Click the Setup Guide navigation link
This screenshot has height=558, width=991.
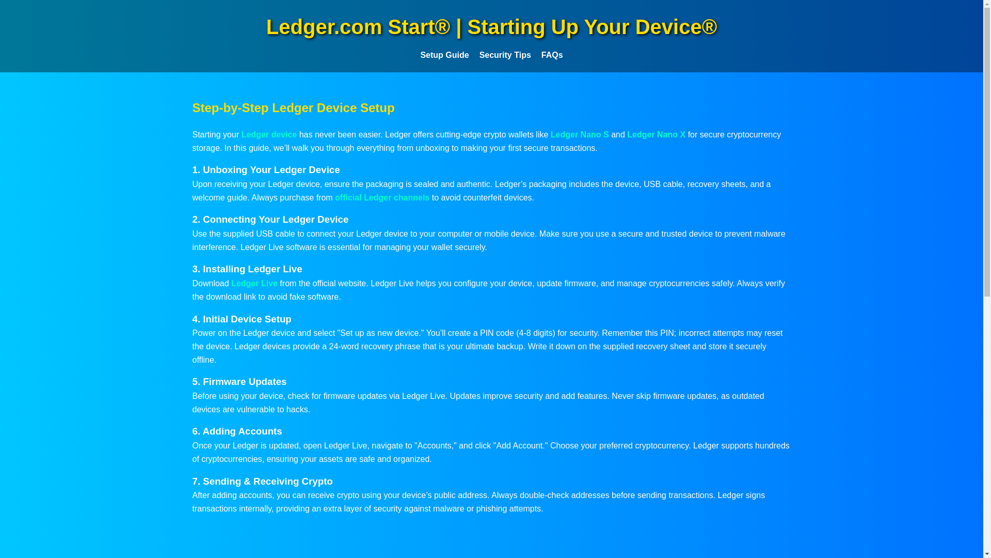pos(444,55)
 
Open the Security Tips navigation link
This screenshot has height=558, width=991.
pos(504,55)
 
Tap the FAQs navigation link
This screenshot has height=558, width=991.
pos(552,55)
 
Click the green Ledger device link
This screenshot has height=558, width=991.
pos(269,135)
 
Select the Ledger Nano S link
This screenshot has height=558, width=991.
pos(579,135)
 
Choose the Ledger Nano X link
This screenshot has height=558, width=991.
pos(656,135)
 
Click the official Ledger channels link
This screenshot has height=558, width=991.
pos(382,198)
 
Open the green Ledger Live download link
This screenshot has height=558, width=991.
pos(254,284)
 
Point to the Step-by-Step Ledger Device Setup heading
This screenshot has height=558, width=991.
pos(293,108)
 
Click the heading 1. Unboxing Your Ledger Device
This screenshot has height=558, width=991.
pos(266,170)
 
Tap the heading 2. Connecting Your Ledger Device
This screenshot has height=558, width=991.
pos(270,220)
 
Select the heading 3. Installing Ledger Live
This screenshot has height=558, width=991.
pos(247,269)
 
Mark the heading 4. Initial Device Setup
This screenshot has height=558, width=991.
pos(242,319)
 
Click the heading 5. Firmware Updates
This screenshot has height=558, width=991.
pos(239,382)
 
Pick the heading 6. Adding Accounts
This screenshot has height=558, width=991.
pos(237,431)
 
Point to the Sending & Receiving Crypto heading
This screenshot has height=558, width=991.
pos(262,482)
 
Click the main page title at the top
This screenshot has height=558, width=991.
pos(491,27)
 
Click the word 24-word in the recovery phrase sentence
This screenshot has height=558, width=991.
pos(343,347)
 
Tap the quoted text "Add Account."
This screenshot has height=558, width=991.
pos(520,446)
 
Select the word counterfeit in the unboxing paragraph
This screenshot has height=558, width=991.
pos(482,198)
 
